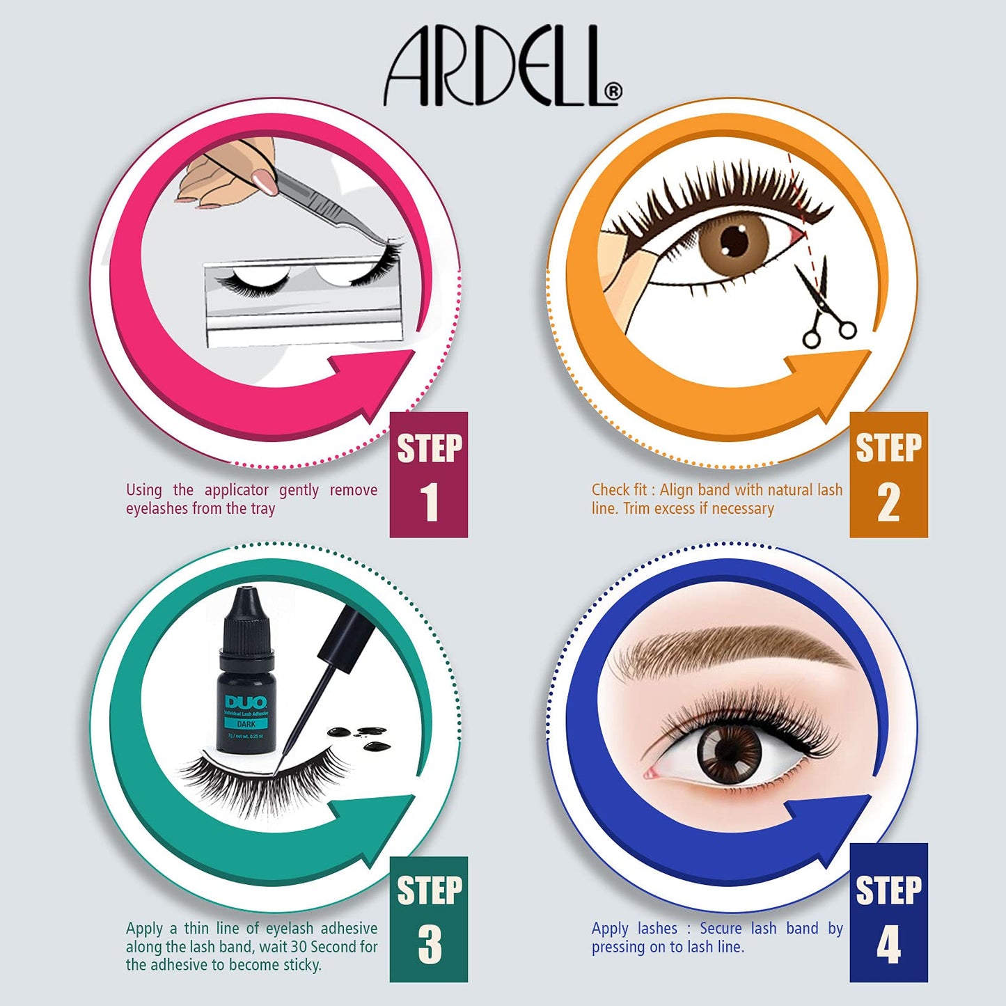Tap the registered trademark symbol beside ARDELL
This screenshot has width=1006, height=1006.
[x=613, y=92]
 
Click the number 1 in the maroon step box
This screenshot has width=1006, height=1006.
[x=429, y=502]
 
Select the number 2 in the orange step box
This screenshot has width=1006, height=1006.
[x=888, y=502]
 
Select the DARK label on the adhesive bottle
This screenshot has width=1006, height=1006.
[x=246, y=724]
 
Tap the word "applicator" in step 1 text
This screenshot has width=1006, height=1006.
[x=237, y=490]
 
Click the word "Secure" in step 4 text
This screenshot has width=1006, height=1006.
[x=721, y=928]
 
